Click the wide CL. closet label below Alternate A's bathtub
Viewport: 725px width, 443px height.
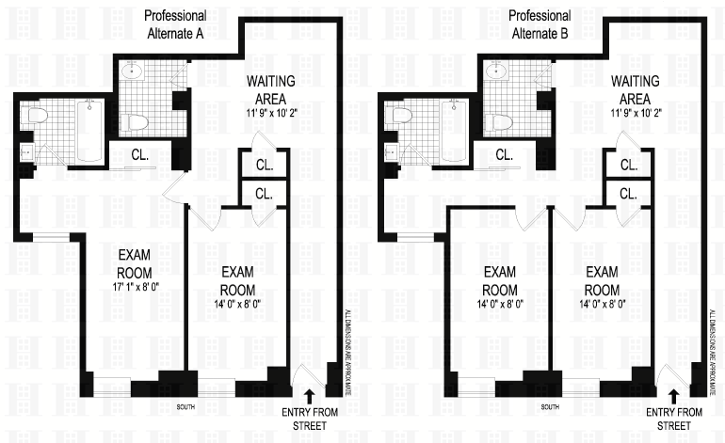[x=139, y=154]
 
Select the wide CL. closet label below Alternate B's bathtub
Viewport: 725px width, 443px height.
[x=504, y=154]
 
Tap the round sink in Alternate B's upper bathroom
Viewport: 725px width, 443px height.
[x=496, y=70]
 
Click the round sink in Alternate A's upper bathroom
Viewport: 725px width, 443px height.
[x=133, y=70]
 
